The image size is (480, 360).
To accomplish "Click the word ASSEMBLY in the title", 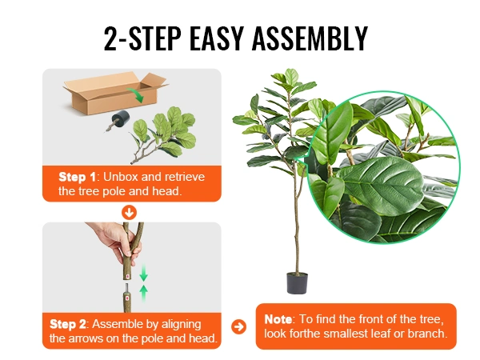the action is click(x=310, y=38).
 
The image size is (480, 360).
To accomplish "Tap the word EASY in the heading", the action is click(x=217, y=38).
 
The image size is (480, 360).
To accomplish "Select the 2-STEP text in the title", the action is click(x=142, y=38).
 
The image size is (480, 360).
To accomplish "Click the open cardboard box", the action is click(x=116, y=93).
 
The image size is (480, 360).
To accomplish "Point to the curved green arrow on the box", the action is click(x=136, y=95).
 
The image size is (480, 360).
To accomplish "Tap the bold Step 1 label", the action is click(x=77, y=177).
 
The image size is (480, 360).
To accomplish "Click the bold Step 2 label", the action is click(x=68, y=324).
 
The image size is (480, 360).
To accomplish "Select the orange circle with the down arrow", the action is click(x=129, y=213).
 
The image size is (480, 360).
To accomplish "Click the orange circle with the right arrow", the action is click(x=238, y=326).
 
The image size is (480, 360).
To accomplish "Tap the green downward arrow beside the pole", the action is click(x=143, y=274).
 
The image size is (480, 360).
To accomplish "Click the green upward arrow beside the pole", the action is click(x=143, y=294).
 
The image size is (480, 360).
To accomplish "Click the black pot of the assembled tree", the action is click(x=297, y=283).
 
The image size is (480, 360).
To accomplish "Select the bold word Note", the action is click(x=278, y=319).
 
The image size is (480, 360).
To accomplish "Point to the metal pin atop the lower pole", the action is click(x=126, y=288).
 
